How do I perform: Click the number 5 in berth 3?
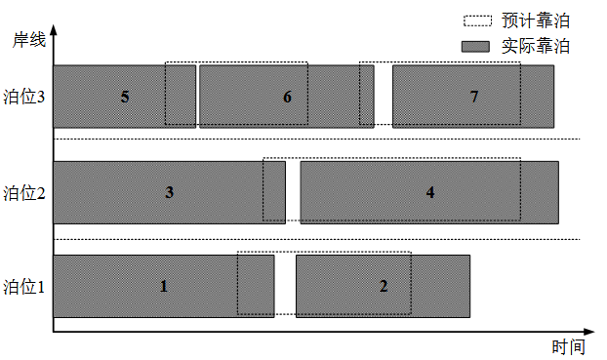125,97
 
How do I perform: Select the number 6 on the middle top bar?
287,97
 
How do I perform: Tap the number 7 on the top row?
474,97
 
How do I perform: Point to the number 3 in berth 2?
169,192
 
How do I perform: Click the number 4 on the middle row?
430,192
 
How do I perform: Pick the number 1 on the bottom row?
164,286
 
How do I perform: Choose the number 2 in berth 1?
384,286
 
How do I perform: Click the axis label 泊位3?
24,97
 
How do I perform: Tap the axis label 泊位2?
24,193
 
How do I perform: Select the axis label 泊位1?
24,287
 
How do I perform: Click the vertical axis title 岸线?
29,40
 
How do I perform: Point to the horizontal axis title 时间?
568,347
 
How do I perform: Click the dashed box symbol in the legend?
478,20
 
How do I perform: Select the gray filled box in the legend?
475,47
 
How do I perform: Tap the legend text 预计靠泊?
536,20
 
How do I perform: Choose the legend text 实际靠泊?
536,47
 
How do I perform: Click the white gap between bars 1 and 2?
285,286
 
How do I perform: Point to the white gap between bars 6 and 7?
384,97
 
